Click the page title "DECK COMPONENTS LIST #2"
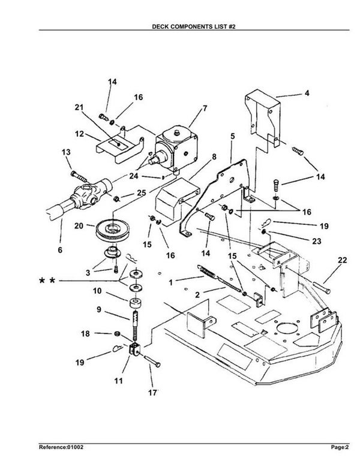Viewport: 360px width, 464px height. coord(194,26)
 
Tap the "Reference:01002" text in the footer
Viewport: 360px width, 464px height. coord(61,447)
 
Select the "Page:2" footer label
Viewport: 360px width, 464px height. coord(340,447)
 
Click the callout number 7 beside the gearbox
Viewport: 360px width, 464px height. coord(205,109)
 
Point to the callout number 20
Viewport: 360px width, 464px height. coord(79,226)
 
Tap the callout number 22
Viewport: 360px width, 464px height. coord(342,260)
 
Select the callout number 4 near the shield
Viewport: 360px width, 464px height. coord(307,93)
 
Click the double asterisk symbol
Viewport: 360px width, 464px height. coord(47,280)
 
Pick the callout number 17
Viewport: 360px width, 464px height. coord(152,393)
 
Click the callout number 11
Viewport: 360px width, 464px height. coord(118,381)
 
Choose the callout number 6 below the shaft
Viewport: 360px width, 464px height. coord(60,250)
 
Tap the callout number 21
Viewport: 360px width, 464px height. coord(79,107)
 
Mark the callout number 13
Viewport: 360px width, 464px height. coord(66,152)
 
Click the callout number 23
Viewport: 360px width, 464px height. coord(316,241)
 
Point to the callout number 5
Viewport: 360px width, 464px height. coord(232,136)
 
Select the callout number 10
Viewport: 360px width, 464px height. coord(97,291)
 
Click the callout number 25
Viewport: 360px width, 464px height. coord(142,193)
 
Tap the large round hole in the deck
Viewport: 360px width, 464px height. coord(287,329)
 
